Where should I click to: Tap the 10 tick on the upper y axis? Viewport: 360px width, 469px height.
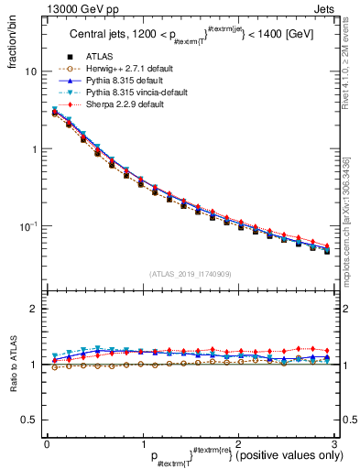point(30,71)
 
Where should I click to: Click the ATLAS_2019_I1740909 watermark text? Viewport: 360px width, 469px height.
point(191,274)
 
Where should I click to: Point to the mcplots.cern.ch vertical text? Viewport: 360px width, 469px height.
point(353,224)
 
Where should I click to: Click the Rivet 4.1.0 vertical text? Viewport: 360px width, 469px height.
point(353,73)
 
